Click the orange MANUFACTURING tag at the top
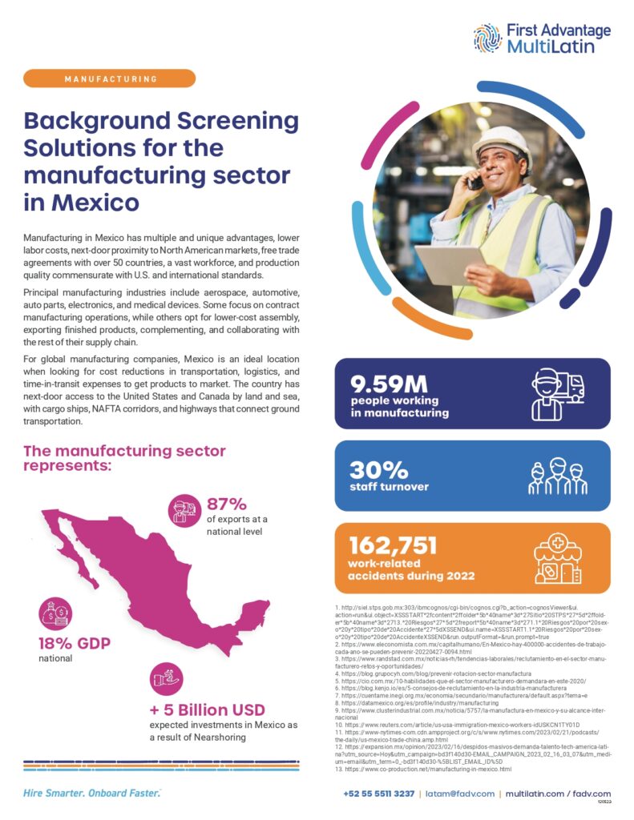(110, 78)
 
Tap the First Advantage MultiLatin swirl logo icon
(487, 38)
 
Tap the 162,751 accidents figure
(394, 546)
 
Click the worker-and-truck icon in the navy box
(558, 393)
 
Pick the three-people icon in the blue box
(558, 476)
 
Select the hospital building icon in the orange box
(558, 556)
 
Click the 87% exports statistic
(226, 504)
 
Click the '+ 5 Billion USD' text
(208, 710)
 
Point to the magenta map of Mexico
(128, 577)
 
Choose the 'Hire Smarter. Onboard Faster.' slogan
(91, 793)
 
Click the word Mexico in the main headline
(95, 202)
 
